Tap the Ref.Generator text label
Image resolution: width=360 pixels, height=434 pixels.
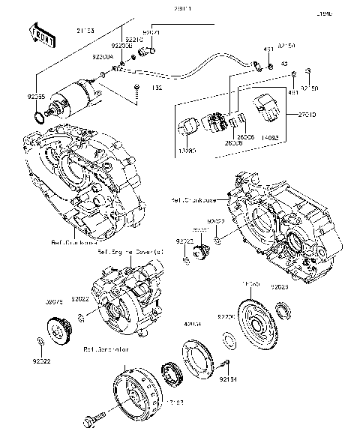105,349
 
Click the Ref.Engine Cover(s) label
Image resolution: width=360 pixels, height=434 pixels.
129,253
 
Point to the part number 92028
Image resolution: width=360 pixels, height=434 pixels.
301,286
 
